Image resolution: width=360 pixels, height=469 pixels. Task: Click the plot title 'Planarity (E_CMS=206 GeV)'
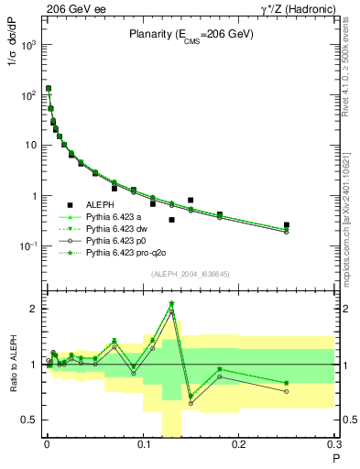tap(190, 35)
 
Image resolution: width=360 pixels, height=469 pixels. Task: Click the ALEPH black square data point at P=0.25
tap(287, 224)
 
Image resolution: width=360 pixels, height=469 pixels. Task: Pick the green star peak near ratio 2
tap(171, 303)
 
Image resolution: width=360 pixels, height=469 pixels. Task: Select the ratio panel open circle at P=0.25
tap(287, 391)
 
